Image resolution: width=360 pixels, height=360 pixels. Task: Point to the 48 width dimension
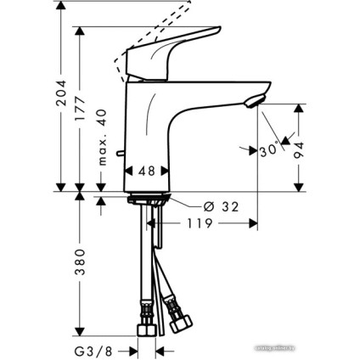tap(146, 171)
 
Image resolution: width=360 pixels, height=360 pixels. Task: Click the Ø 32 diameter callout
tap(220, 205)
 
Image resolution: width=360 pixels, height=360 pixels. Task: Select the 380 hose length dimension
tap(82, 264)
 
